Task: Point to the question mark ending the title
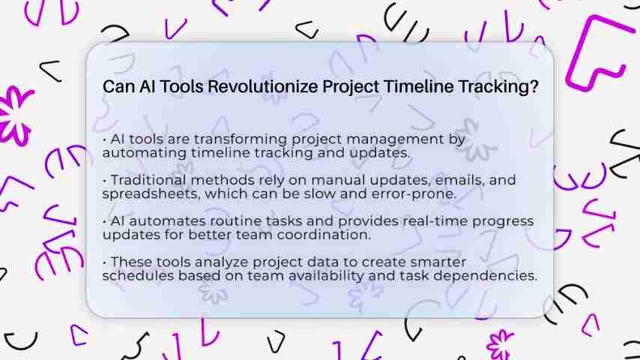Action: pos(534,87)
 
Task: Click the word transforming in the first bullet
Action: pos(241,139)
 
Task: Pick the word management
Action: pos(395,140)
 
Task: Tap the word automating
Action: pos(145,153)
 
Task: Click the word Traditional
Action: pos(148,180)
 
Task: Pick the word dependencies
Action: pos(485,276)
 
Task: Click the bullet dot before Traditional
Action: pos(104,181)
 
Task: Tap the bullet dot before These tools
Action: pos(104,262)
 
